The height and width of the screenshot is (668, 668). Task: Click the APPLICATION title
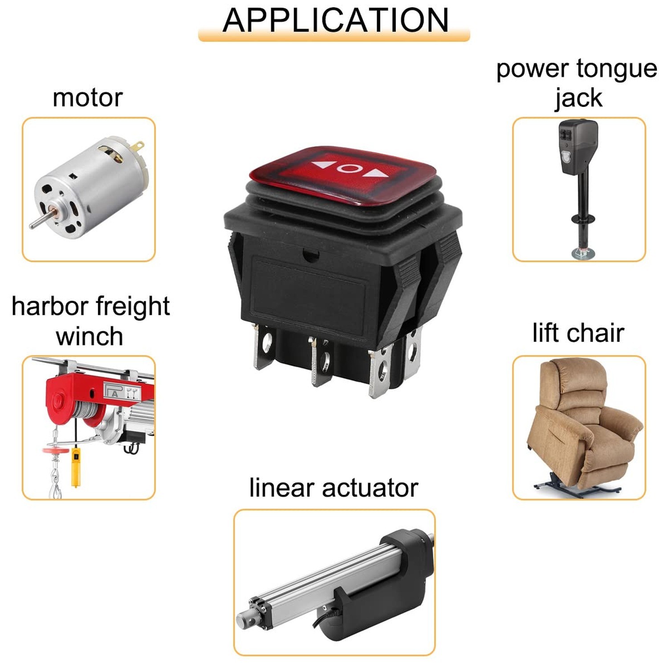pos(335,20)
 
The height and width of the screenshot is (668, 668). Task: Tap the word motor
pos(87,98)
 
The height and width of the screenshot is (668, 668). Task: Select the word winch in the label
pos(90,336)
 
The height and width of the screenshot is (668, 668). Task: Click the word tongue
pos(617,69)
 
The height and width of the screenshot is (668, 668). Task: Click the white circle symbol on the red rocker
pos(349,169)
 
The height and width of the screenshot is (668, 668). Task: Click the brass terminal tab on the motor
pos(138,147)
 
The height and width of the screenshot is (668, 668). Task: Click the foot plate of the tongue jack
pos(583,254)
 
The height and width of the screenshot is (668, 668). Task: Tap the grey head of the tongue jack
pos(577,147)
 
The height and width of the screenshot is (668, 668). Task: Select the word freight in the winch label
pos(132,307)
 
